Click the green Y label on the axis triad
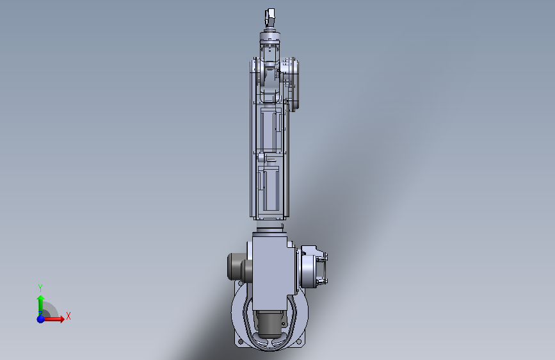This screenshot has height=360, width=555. pos(40,288)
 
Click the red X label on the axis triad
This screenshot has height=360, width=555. pos(68,316)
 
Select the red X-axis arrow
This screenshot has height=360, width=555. pos(53,319)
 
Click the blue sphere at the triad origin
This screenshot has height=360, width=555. pos(41,319)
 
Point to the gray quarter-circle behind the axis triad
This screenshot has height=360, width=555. pos(51,309)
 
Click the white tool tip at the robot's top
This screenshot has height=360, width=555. pos(270,17)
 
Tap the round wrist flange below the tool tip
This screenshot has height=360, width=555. pos(270,36)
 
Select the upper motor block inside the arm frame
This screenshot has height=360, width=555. pos(271,129)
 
